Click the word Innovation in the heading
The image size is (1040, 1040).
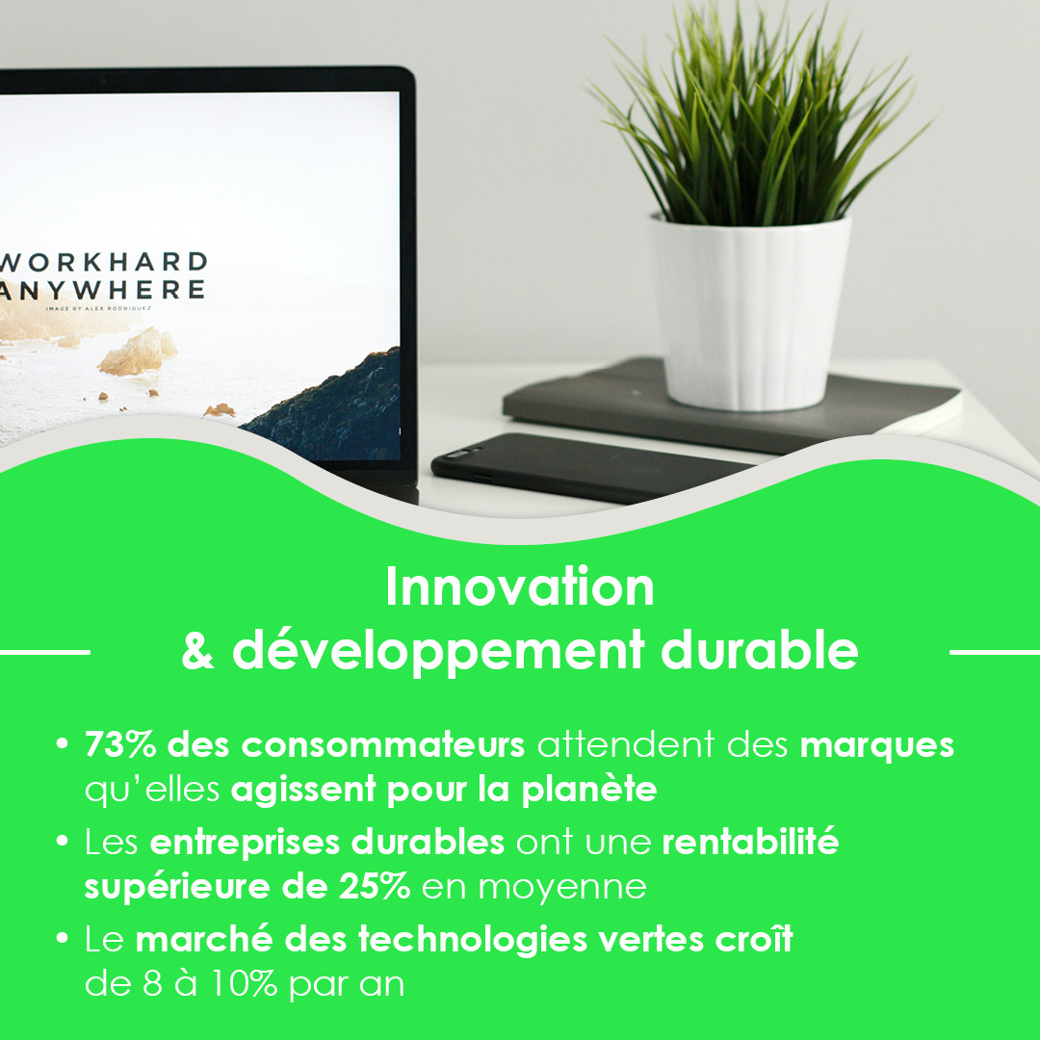tap(520, 587)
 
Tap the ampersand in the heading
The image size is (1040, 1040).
tap(197, 650)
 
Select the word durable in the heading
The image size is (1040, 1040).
tap(760, 649)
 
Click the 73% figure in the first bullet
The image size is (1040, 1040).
tap(120, 744)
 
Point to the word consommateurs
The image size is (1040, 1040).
tap(382, 745)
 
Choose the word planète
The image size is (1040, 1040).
tap(589, 790)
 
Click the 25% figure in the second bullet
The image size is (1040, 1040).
tap(374, 886)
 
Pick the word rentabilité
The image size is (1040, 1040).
tap(750, 841)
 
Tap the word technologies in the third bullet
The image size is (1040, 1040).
tap(473, 939)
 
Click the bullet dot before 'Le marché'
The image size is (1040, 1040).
tap(63, 938)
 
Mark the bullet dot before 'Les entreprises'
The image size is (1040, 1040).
tap(63, 841)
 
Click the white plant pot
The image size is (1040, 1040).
tap(750, 312)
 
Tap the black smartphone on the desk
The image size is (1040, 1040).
tap(590, 468)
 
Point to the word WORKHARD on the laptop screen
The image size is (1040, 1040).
tap(104, 262)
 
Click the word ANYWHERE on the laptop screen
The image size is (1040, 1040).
tap(101, 290)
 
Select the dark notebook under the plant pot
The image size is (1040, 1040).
tap(730, 404)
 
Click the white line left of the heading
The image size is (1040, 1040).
tap(44, 652)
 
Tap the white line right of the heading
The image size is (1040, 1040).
tap(995, 652)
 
